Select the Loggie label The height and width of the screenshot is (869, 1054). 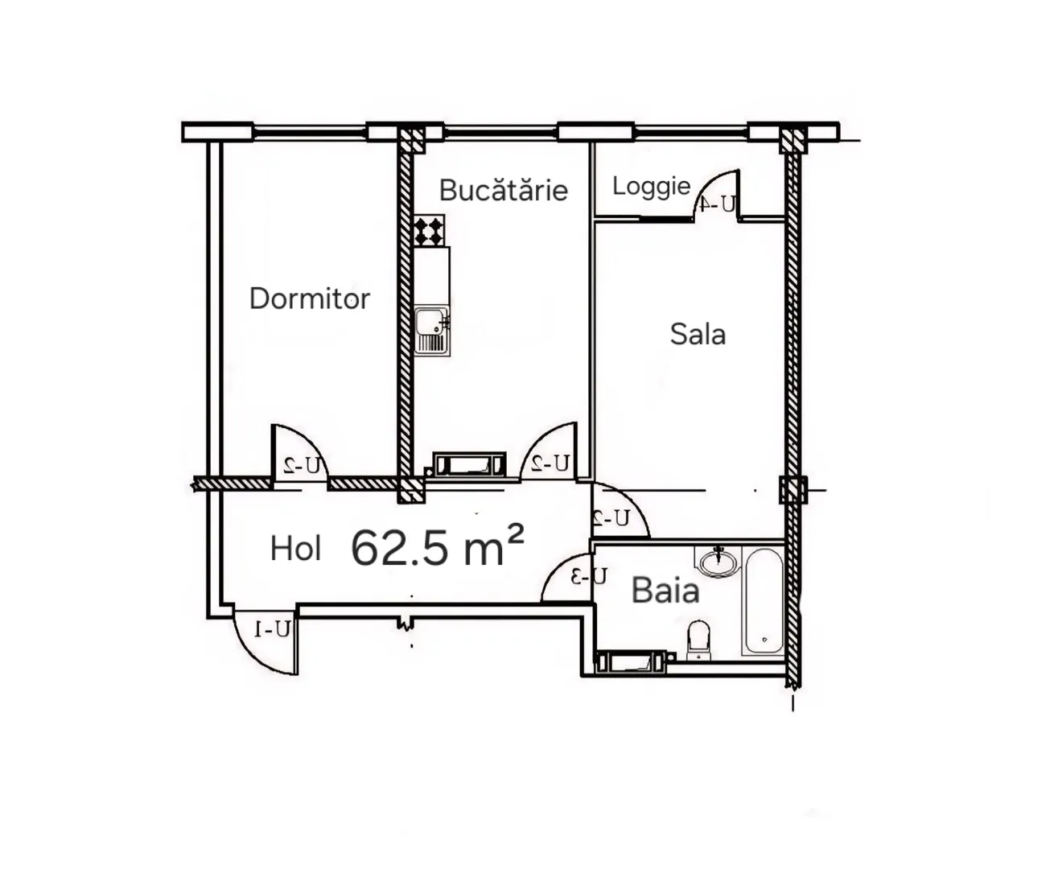pyautogui.click(x=651, y=187)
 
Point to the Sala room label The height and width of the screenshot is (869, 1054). pyautogui.click(x=698, y=334)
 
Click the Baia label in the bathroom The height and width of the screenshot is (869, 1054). pyautogui.click(x=665, y=590)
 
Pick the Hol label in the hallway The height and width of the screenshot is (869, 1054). pyautogui.click(x=296, y=549)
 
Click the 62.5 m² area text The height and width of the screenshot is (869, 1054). pyautogui.click(x=437, y=546)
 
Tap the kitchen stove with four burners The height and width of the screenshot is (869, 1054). pyautogui.click(x=429, y=230)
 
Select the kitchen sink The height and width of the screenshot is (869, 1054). pyautogui.click(x=432, y=330)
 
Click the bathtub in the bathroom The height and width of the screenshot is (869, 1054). pyautogui.click(x=764, y=601)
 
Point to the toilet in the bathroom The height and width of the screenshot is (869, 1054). pyautogui.click(x=698, y=640)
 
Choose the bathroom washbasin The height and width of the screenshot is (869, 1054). pyautogui.click(x=717, y=561)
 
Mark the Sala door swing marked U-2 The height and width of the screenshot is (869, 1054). pyautogui.click(x=620, y=509)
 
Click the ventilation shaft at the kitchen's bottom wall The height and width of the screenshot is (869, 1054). pyautogui.click(x=469, y=464)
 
